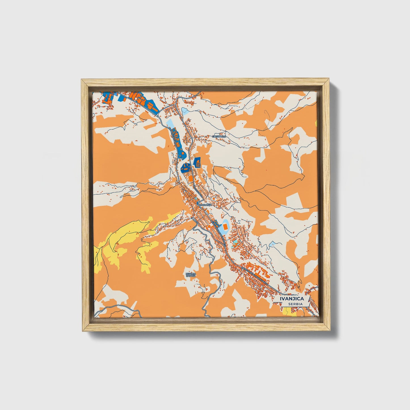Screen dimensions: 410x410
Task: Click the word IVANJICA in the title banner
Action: click(x=292, y=298)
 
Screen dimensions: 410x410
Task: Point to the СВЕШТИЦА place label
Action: click(x=219, y=136)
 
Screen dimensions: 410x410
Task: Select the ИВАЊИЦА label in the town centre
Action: click(x=204, y=204)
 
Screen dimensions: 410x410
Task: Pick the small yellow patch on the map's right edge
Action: click(x=316, y=123)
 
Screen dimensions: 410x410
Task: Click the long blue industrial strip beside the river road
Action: click(x=179, y=145)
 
